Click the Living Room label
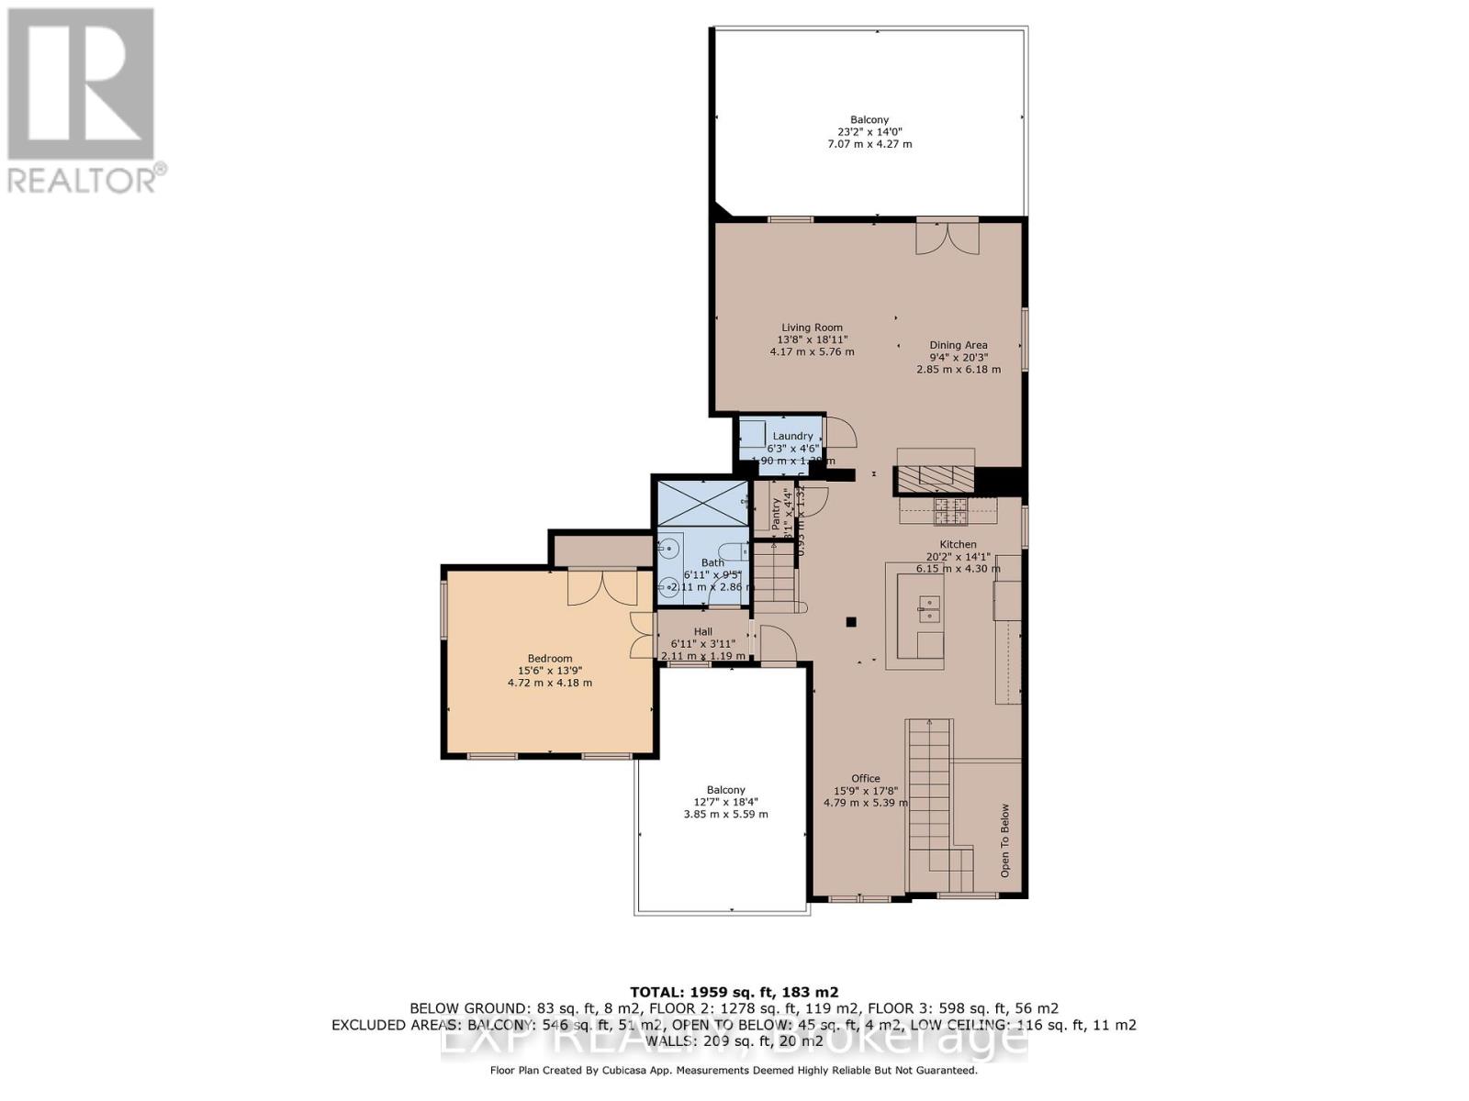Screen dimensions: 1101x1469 pos(812,328)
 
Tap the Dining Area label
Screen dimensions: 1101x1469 pos(958,345)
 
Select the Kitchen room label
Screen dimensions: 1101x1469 pos(958,544)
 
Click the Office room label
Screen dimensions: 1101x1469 pos(865,778)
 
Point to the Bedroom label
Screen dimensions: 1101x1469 pos(549,658)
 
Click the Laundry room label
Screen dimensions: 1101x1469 pos(792,436)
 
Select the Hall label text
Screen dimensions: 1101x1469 pos(702,631)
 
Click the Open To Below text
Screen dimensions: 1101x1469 pos(1004,840)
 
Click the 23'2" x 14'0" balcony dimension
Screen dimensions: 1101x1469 pos(869,132)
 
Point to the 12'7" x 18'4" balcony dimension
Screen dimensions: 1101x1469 pos(725,802)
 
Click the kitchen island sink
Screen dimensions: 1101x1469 pos(929,604)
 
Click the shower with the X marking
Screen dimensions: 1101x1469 pos(703,503)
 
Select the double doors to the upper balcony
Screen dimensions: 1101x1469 pos(948,238)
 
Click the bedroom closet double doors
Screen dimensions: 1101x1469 pos(601,587)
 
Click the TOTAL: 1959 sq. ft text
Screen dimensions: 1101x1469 pos(734,992)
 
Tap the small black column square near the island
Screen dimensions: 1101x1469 pos(851,622)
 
